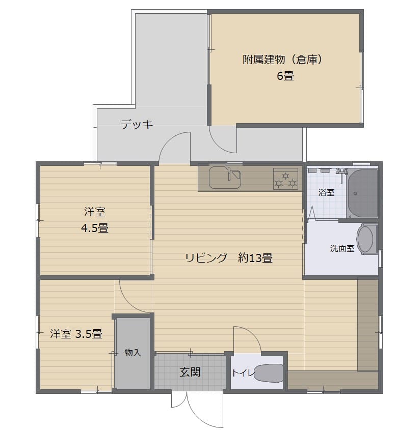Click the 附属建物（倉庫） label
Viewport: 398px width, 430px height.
pos(283,60)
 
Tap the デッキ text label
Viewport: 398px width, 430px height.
pos(137,125)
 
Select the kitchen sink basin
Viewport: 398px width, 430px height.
pos(225,178)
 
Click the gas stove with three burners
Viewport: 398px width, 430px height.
pos(286,179)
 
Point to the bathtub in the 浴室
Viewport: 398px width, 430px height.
pos(362,193)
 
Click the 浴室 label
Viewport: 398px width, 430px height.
pos(327,192)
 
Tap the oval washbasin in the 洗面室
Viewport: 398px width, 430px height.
pos(366,239)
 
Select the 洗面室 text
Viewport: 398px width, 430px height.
pos(342,248)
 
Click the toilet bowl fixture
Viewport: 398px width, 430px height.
pos(269,372)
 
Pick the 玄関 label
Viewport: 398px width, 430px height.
pos(190,372)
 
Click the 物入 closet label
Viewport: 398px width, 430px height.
pos(133,352)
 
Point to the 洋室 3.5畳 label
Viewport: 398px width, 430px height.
pos(76,334)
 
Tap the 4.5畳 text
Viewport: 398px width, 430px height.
pos(95,228)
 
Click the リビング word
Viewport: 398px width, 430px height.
pos(206,258)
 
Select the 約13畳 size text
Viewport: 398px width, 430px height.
pos(255,258)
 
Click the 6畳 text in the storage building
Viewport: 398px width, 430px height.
pos(285,76)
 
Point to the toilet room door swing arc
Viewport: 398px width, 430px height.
pos(252,333)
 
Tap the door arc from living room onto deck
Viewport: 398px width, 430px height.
pos(168,140)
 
